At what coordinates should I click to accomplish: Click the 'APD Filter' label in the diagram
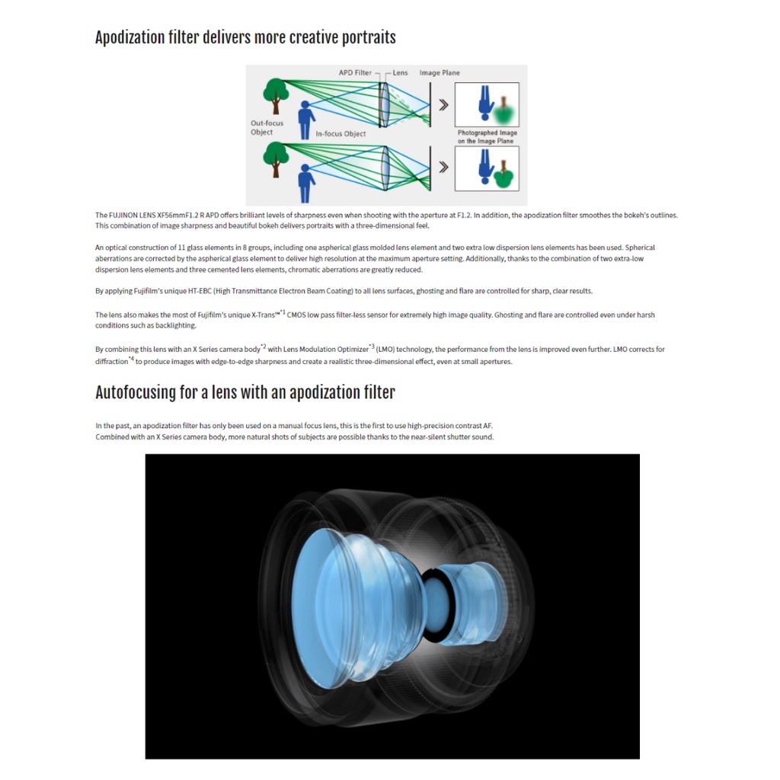point(355,72)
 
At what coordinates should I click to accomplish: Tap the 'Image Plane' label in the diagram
point(440,72)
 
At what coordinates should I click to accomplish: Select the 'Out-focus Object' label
point(267,127)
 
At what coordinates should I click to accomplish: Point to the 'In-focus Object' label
point(340,134)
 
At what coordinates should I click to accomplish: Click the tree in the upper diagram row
point(276,95)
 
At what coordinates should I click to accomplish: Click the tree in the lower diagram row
point(276,158)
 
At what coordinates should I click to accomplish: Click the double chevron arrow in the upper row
point(443,105)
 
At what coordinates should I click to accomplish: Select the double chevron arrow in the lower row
point(443,167)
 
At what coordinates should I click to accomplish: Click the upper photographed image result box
point(487,104)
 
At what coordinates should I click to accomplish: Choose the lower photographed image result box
point(487,168)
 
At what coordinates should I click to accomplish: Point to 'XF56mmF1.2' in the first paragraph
point(177,216)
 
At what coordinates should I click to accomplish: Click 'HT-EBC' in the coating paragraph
point(200,291)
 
